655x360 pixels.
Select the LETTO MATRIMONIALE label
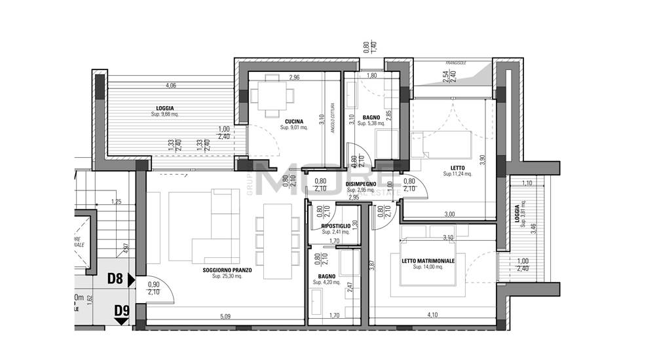pyautogui.click(x=428, y=261)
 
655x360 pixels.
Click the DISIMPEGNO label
pyautogui.click(x=361, y=184)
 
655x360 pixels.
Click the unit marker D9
pyautogui.click(x=121, y=310)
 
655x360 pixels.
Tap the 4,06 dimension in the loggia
pyautogui.click(x=171, y=86)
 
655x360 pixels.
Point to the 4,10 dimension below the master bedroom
pyautogui.click(x=432, y=315)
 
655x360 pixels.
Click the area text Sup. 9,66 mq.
pyautogui.click(x=164, y=115)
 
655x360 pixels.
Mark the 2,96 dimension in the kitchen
pyautogui.click(x=293, y=77)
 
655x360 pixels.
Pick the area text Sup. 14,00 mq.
pyautogui.click(x=428, y=267)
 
